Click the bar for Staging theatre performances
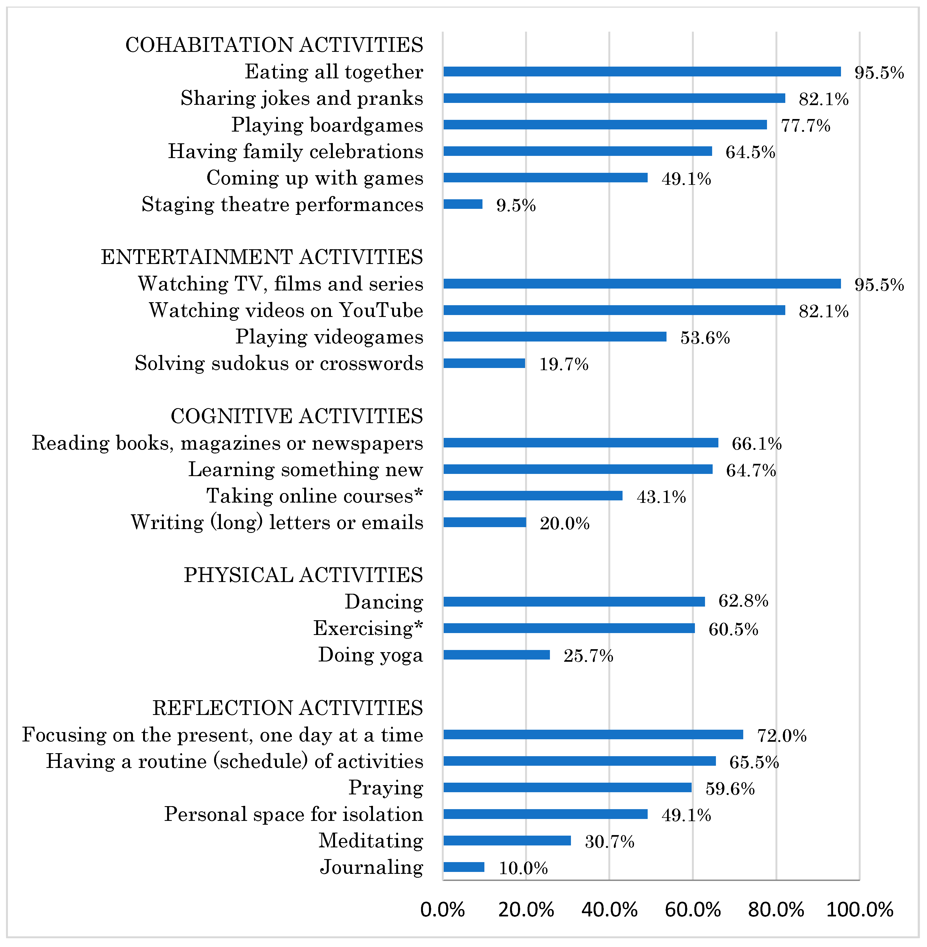pos(463,204)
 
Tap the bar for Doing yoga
pos(497,655)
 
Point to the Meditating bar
pos(507,841)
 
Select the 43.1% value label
pos(661,497)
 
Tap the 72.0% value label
pos(781,735)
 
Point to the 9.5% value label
pos(516,205)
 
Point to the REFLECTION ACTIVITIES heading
pos(288,708)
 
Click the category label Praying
pos(386,788)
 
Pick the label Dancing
pos(384,602)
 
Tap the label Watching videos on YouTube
pos(286,310)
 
